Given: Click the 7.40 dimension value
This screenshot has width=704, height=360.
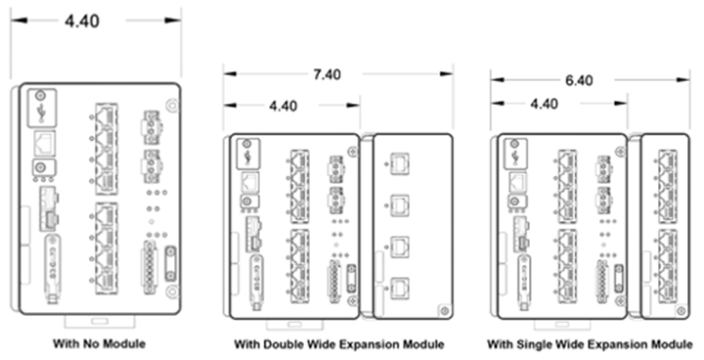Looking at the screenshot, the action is tap(327, 74).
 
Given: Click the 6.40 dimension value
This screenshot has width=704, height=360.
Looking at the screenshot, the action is tap(579, 80).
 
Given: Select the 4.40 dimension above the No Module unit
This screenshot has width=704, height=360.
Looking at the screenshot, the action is tap(82, 22).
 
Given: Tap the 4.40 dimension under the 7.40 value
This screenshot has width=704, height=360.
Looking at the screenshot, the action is tap(283, 106).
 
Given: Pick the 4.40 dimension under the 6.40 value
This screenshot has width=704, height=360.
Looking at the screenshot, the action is tap(545, 104).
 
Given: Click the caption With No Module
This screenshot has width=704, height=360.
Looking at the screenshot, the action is tap(99, 343).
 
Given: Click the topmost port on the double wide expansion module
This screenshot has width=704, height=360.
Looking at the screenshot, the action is tap(400, 163).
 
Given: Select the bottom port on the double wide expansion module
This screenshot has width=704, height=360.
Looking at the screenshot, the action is tap(400, 288).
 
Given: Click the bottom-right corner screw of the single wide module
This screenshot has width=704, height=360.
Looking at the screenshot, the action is tap(682, 310).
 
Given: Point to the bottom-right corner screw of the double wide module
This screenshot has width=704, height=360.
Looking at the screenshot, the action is tap(444, 310).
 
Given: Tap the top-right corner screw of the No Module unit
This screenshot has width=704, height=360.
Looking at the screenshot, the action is tap(172, 106).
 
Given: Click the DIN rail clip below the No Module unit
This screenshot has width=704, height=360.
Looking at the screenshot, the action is tap(100, 321).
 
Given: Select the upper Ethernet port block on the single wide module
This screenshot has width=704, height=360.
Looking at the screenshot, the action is tap(667, 183).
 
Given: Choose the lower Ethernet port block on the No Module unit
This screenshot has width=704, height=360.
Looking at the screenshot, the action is tap(107, 248).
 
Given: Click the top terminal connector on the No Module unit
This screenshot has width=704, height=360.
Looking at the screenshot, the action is tap(152, 122).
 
